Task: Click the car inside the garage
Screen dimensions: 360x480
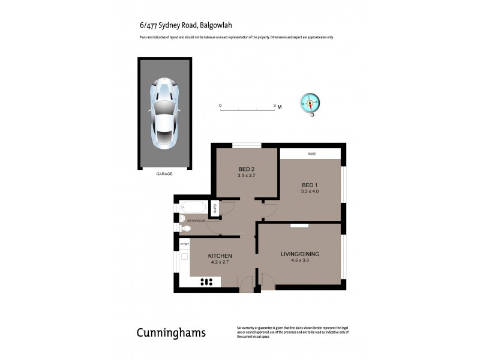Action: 164,114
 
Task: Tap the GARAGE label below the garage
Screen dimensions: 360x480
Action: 164,174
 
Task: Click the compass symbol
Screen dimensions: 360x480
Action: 310,103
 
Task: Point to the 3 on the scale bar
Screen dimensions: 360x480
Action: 275,106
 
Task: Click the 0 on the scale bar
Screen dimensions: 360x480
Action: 220,106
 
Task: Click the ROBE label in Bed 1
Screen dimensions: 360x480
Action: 311,154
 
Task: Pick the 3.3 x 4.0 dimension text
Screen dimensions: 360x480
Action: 310,191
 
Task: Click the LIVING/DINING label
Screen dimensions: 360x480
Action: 300,254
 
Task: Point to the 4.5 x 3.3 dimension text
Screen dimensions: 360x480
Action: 300,261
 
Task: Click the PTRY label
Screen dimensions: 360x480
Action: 185,244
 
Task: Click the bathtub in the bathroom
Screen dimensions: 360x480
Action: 193,208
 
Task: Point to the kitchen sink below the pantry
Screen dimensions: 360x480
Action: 184,259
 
